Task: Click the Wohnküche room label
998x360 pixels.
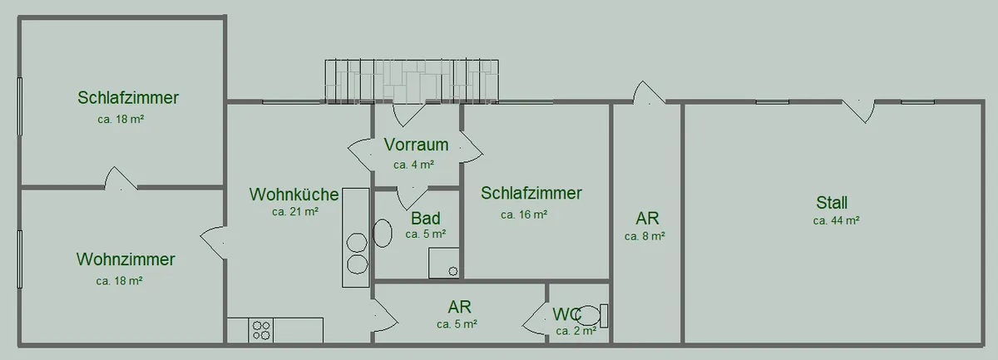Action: click(294, 195)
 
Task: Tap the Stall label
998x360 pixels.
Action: click(832, 203)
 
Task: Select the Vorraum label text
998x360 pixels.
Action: click(416, 145)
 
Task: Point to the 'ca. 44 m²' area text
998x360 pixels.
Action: click(837, 220)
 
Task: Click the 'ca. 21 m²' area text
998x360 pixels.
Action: click(295, 212)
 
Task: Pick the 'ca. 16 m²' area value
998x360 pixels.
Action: click(524, 215)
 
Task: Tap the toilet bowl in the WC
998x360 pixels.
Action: click(588, 315)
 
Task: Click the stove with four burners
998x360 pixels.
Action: click(261, 330)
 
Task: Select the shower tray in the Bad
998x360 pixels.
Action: click(444, 263)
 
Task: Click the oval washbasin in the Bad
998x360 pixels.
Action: click(383, 233)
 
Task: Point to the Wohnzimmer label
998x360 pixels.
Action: click(126, 259)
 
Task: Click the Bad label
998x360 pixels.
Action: click(426, 219)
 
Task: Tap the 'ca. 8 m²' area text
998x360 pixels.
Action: click(645, 236)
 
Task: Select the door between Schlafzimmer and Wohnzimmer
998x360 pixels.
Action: click(121, 178)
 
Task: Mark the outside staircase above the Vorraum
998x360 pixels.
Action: click(412, 81)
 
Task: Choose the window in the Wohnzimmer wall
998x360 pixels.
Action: click(20, 259)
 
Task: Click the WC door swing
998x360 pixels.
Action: click(535, 318)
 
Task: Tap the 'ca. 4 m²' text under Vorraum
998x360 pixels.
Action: click(413, 165)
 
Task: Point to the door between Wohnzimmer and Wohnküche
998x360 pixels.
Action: click(213, 242)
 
